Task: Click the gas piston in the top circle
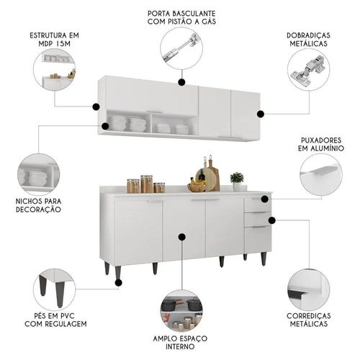[x=181, y=47]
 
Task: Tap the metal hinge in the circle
[x=308, y=71]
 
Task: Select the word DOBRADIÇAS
[x=308, y=35]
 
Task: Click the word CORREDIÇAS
[x=308, y=316]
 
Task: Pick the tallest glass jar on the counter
[x=146, y=184]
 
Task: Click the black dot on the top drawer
[x=265, y=199]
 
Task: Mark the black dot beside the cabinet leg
[x=118, y=283]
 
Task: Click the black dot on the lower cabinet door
[x=181, y=237]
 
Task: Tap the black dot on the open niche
[x=105, y=126]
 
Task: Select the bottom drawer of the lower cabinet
[x=258, y=240]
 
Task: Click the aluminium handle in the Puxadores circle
[x=319, y=170]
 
